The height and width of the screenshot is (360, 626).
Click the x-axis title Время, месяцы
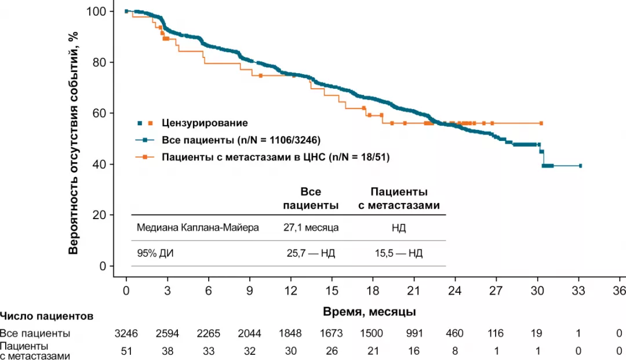(369, 312)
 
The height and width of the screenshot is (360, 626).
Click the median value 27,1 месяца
(310, 228)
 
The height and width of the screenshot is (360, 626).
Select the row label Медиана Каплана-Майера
(198, 228)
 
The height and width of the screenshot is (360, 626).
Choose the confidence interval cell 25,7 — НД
(310, 253)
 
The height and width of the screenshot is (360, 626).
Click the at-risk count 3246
(126, 333)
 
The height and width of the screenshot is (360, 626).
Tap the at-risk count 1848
(290, 333)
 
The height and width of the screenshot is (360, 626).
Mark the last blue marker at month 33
(580, 165)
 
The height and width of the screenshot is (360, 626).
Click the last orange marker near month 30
(541, 123)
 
